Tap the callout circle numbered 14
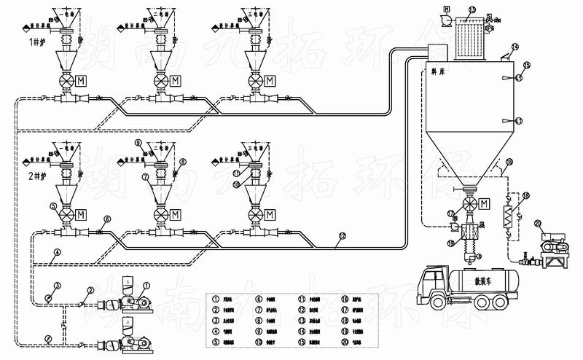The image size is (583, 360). [514, 47]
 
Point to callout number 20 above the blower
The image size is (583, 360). [539, 224]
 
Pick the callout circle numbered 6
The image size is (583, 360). [107, 219]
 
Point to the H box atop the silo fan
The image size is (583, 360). [446, 9]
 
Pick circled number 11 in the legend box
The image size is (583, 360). [302, 299]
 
